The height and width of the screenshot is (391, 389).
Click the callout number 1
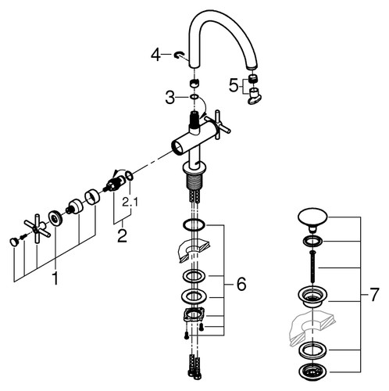point(55,278)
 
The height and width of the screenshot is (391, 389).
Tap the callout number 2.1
point(130,203)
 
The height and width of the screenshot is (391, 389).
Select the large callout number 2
point(122,236)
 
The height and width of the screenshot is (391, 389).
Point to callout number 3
point(170,98)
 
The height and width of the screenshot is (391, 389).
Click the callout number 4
point(155,56)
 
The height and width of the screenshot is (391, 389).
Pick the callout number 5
point(234,85)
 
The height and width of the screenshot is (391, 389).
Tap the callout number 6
point(241,284)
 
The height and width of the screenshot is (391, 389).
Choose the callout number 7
point(373,295)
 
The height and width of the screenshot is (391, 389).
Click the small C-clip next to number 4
point(179,55)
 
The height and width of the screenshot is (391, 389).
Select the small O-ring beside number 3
point(194,97)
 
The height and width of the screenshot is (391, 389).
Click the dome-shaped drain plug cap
point(312,220)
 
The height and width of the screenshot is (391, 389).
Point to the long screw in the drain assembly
point(312,265)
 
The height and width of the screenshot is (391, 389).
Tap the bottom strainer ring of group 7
point(312,371)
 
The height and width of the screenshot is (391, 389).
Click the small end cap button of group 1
point(14,242)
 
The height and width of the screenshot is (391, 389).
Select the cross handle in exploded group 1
point(37,228)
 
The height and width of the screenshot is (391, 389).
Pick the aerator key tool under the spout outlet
point(255,96)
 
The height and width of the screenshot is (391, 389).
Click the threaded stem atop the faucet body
point(194,120)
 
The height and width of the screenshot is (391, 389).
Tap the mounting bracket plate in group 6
point(194,314)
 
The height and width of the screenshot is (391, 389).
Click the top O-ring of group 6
point(194,225)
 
